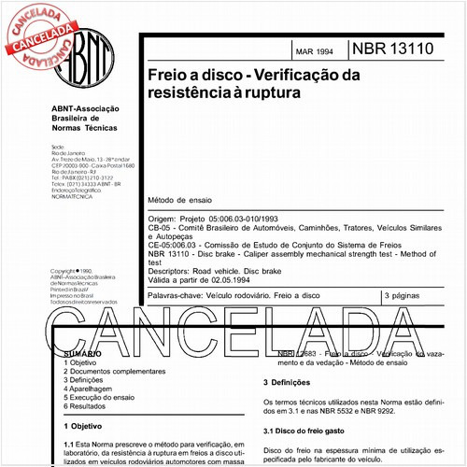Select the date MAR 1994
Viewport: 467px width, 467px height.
(315, 52)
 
